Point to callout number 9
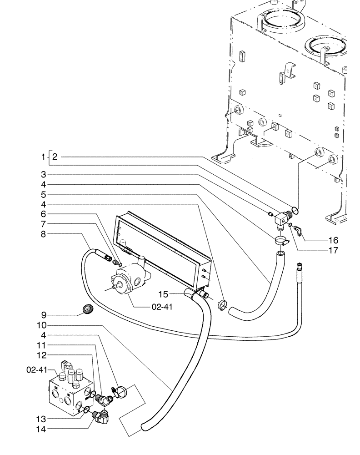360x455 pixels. coord(44,315)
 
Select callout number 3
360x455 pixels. coord(44,174)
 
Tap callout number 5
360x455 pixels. coord(44,194)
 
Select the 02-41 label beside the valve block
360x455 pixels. coord(35,370)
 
